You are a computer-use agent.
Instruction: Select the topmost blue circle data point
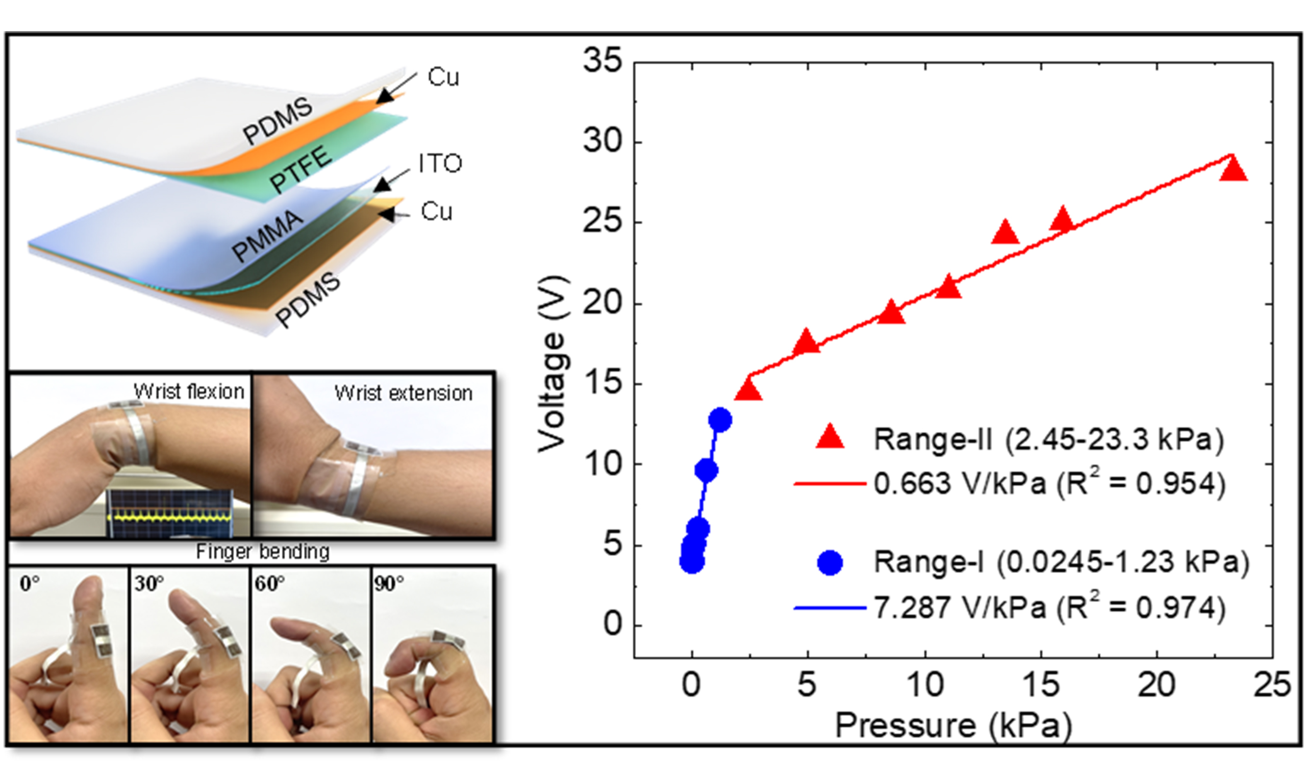click(720, 420)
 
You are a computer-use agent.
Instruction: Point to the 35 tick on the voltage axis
click(603, 61)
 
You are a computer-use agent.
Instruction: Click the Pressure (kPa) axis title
click(953, 725)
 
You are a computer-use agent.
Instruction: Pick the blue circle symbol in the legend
click(830, 562)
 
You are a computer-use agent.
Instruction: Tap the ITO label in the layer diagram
click(440, 164)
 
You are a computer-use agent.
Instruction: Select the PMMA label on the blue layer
click(268, 236)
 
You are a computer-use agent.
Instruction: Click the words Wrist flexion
click(189, 391)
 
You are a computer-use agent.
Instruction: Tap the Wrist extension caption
click(404, 393)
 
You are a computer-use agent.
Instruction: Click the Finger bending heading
click(263, 552)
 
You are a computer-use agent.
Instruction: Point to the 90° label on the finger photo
click(389, 584)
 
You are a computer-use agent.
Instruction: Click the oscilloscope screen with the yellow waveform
click(170, 513)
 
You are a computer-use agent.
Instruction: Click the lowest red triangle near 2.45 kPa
click(748, 391)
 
